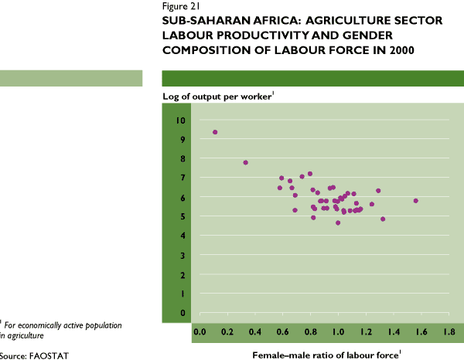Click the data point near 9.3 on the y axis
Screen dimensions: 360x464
pyautogui.click(x=215, y=132)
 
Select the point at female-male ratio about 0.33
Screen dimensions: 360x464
pyautogui.click(x=245, y=162)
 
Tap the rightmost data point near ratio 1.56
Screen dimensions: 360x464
pyautogui.click(x=416, y=201)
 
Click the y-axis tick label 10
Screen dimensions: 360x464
pyautogui.click(x=180, y=121)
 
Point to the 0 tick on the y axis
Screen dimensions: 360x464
pyautogui.click(x=183, y=313)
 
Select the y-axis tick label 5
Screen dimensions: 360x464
pyautogui.click(x=183, y=216)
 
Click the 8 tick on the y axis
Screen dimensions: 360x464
pyautogui.click(x=183, y=159)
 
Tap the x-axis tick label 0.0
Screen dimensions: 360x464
pyautogui.click(x=199, y=331)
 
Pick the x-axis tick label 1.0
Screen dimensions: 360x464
pyautogui.click(x=338, y=331)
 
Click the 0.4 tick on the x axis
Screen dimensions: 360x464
pyautogui.click(x=254, y=331)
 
